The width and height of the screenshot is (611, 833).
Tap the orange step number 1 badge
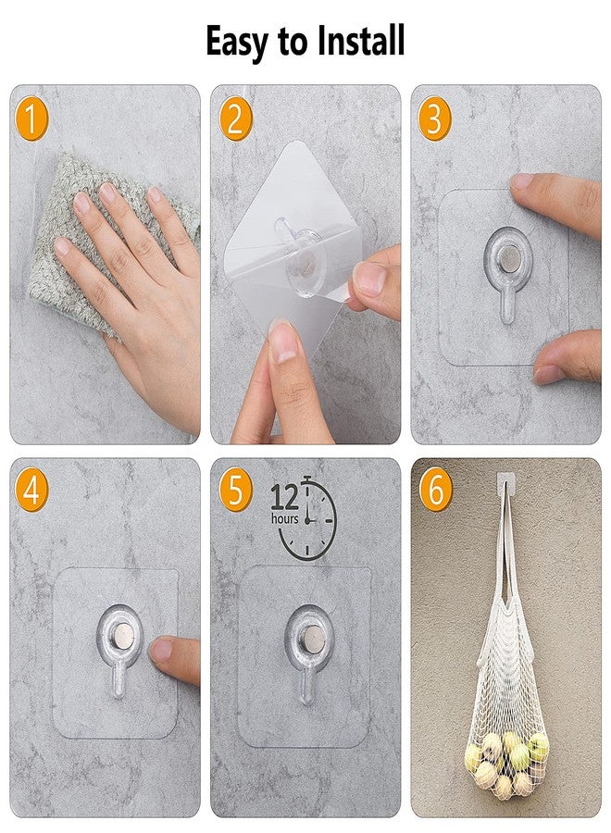point(31,118)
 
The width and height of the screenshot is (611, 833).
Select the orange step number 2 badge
point(235,118)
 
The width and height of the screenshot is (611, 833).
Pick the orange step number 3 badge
point(434,118)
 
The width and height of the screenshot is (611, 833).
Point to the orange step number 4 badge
point(31,490)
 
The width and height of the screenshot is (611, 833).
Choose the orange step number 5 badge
point(235,490)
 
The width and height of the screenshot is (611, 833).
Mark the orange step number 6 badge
point(436,490)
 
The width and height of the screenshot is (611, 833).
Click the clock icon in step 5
point(308,518)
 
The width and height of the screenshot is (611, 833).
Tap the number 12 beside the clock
point(285,497)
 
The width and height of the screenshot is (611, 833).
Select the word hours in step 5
point(285,519)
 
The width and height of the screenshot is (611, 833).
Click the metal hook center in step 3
point(509,257)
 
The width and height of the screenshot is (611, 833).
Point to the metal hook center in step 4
point(123,635)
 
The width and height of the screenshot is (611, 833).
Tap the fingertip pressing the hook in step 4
point(161,650)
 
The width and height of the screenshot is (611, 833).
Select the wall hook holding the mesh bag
point(506,482)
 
